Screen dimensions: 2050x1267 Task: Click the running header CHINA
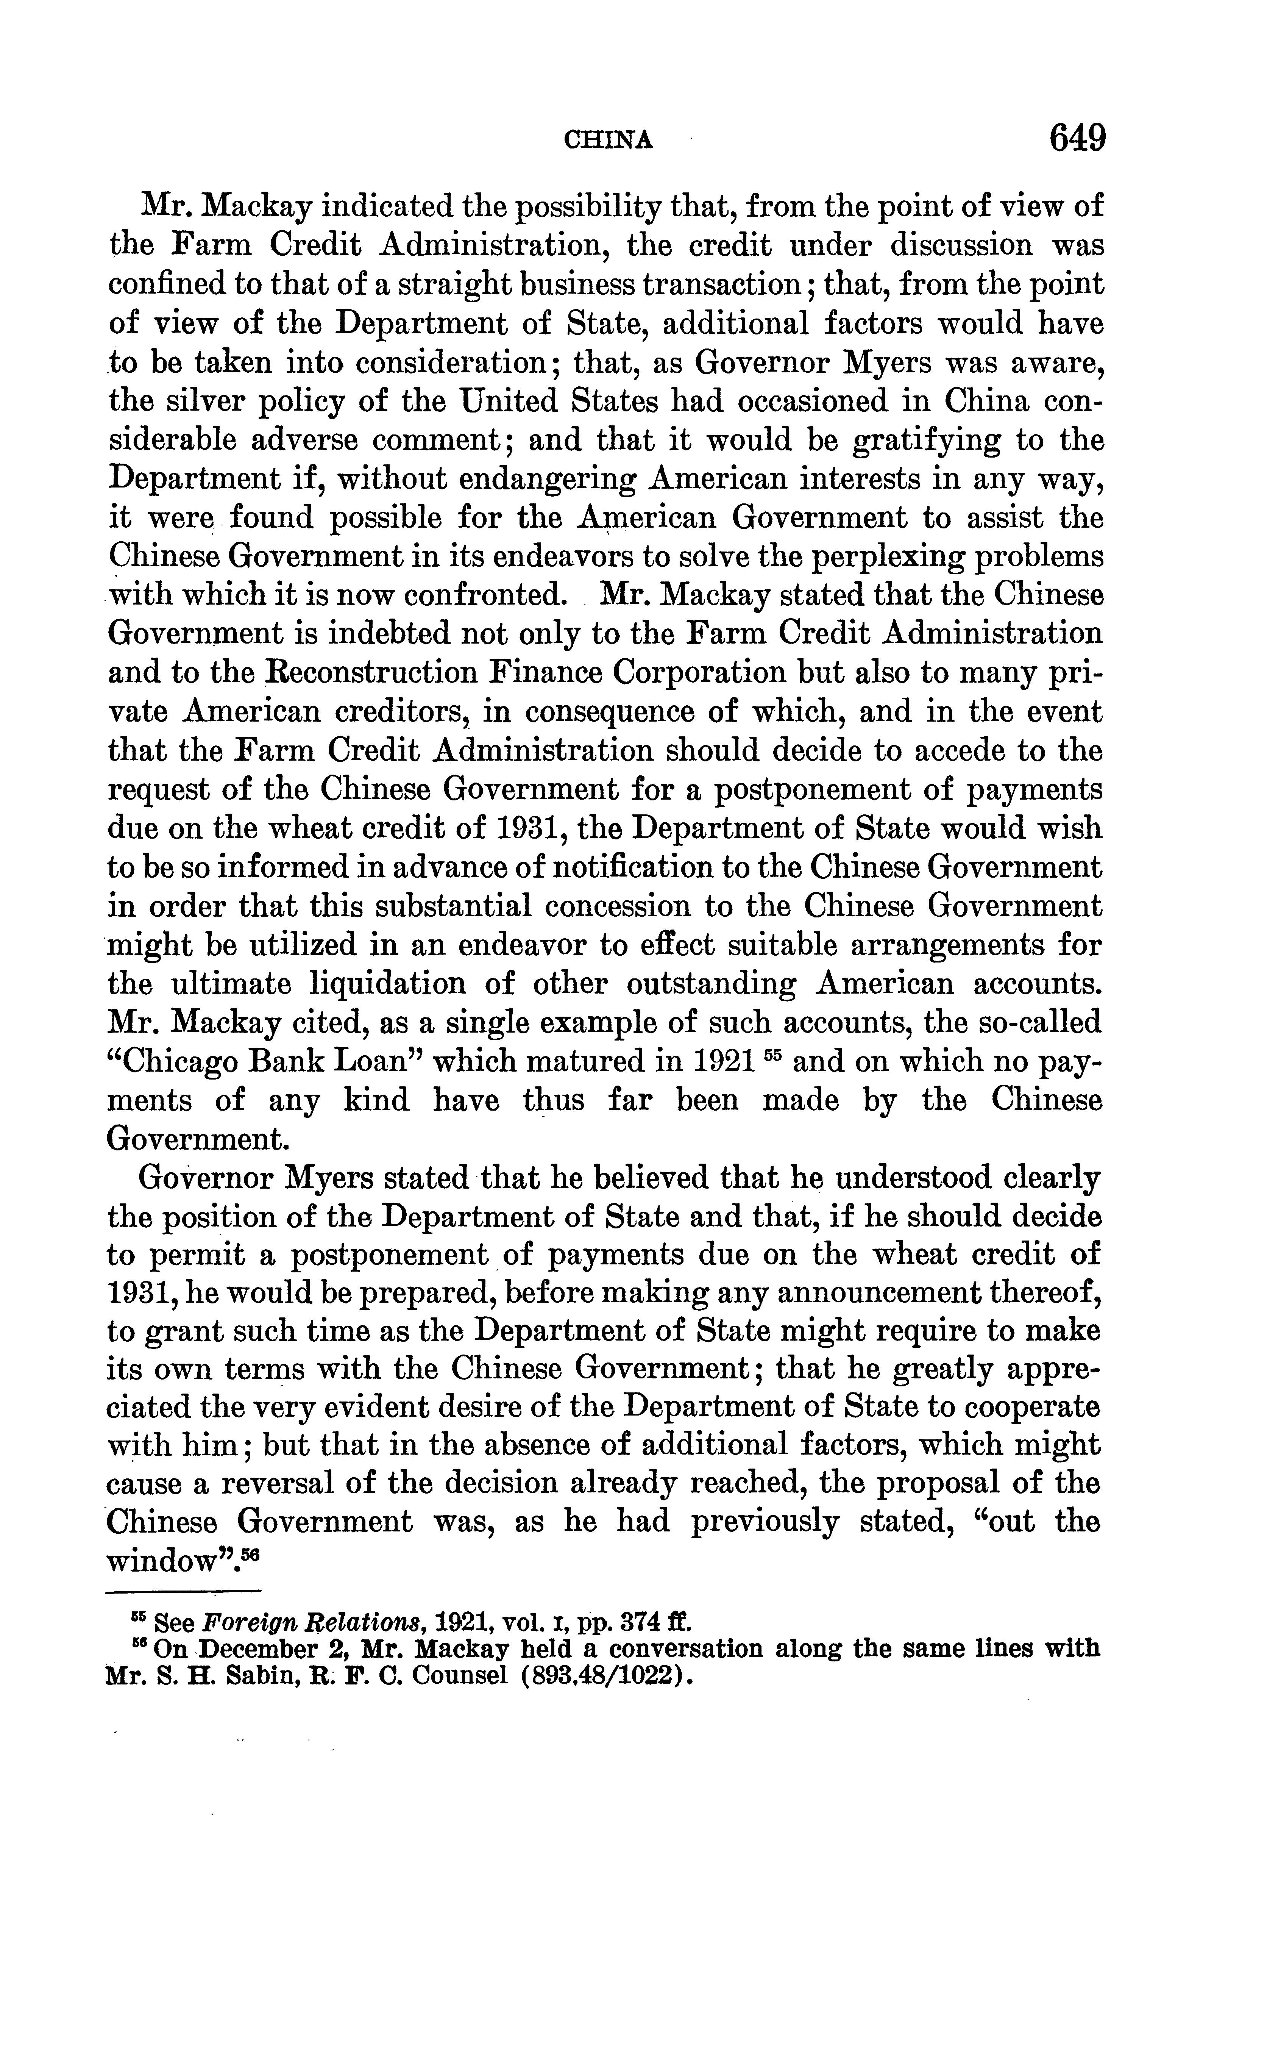click(609, 139)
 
